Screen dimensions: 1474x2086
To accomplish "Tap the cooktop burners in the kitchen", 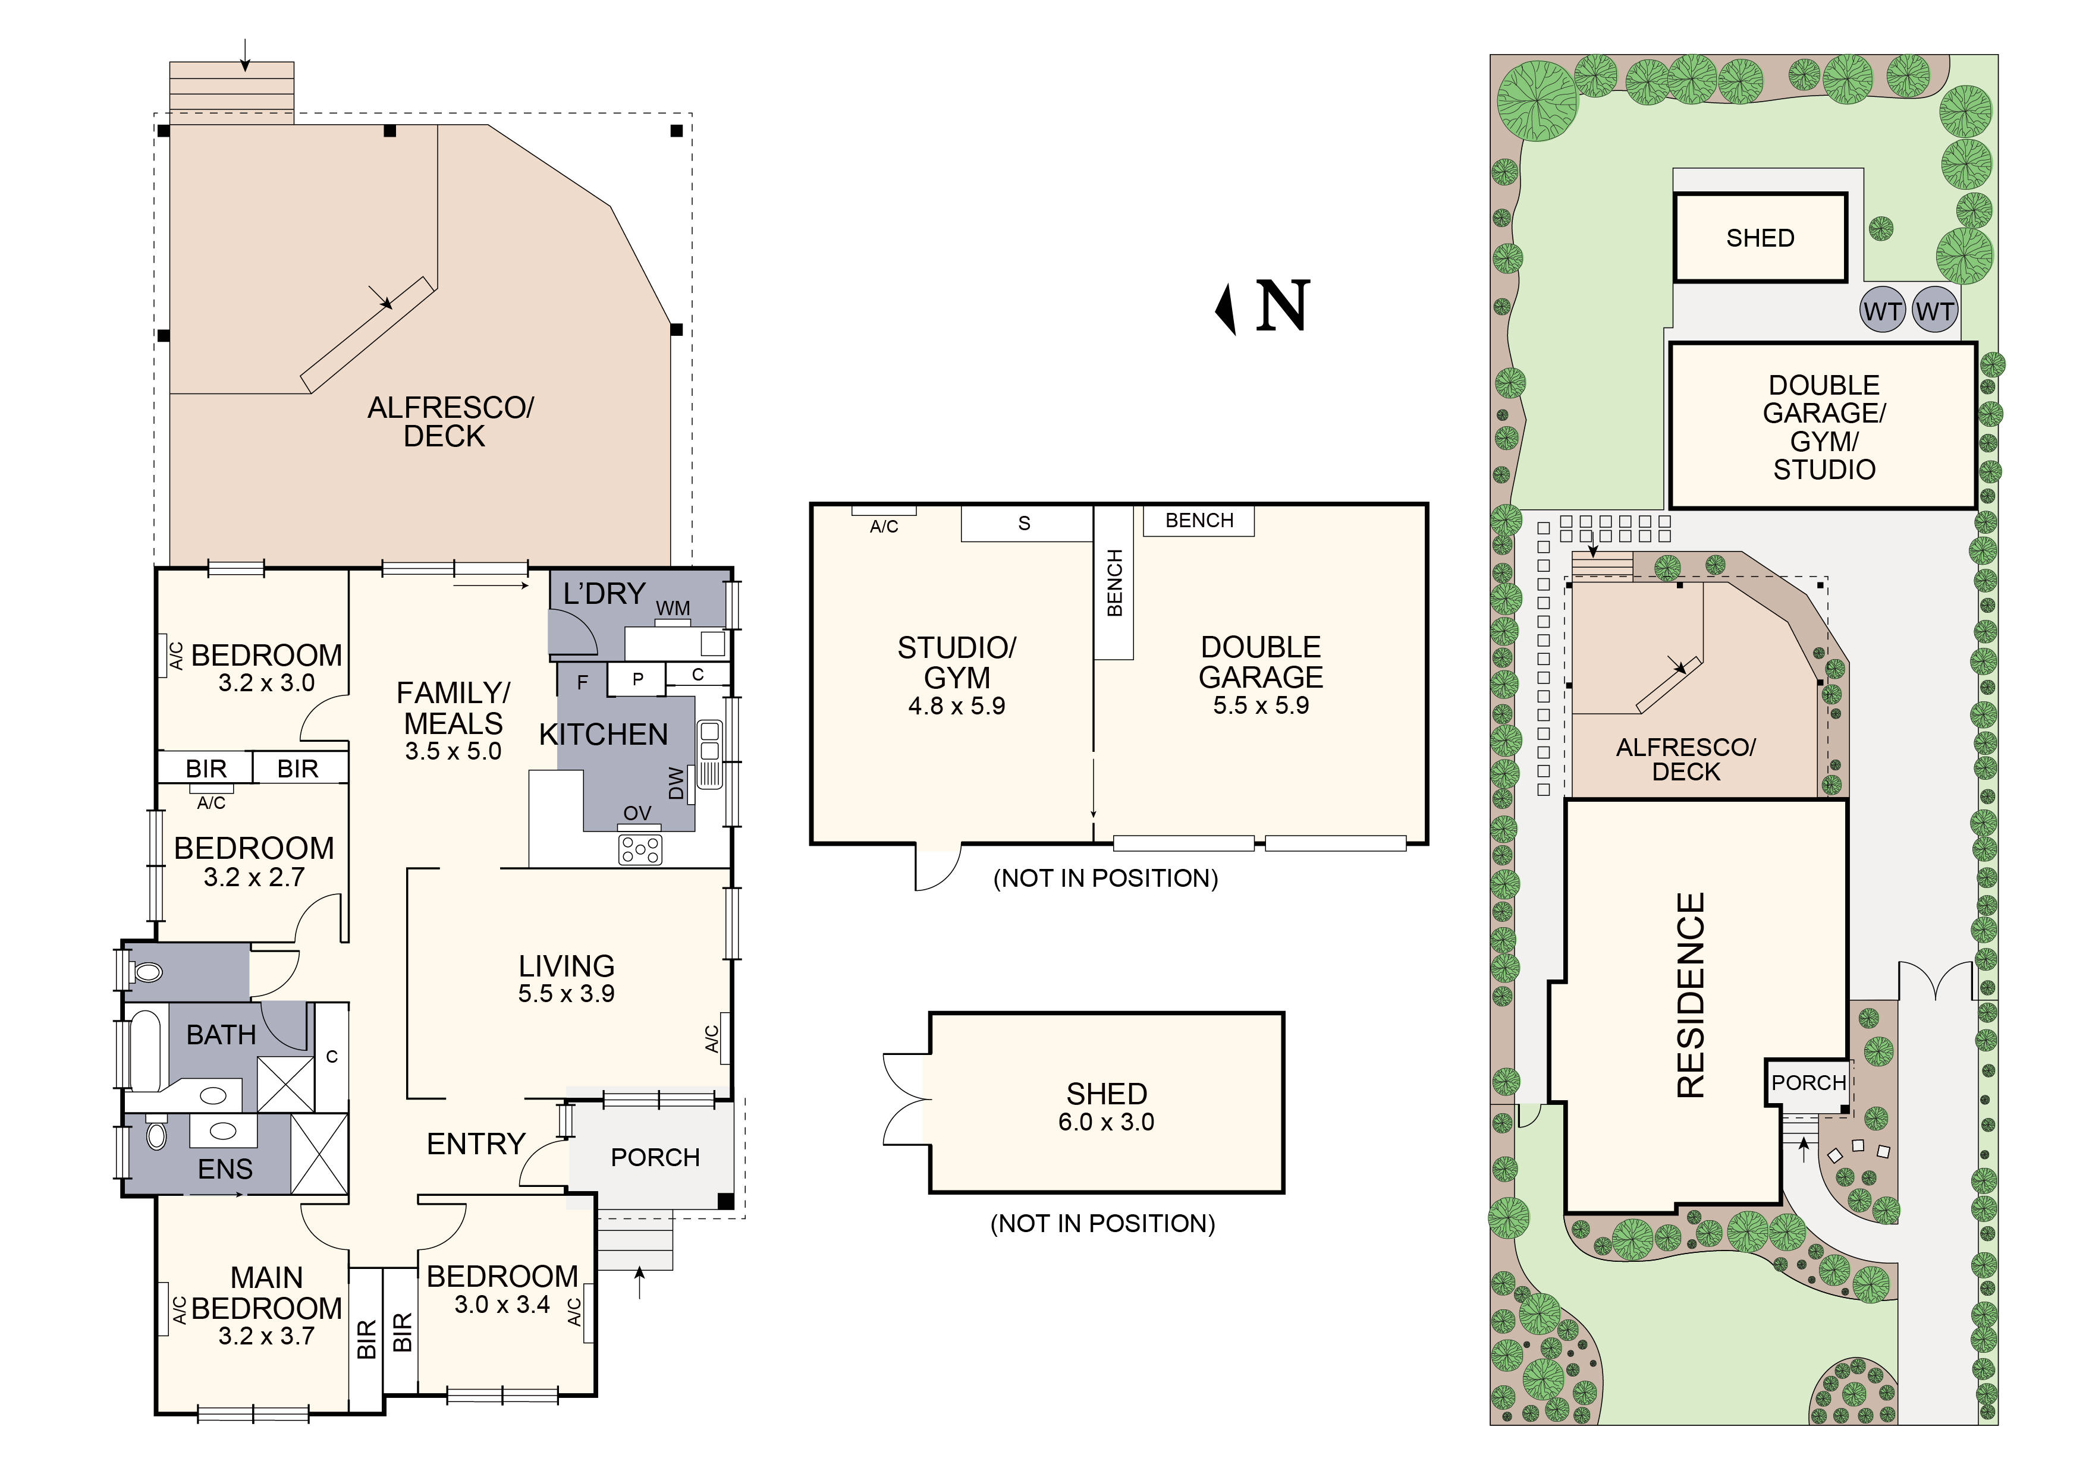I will point(640,850).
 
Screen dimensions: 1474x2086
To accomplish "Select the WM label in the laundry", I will point(673,609).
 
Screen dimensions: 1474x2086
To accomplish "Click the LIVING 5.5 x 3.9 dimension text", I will point(566,994).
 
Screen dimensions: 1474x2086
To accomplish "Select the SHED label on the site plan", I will point(1760,238).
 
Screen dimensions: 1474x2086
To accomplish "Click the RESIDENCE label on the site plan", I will point(1691,996).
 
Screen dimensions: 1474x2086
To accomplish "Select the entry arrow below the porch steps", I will point(640,1283).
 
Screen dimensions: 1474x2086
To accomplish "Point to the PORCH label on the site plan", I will point(1808,1082).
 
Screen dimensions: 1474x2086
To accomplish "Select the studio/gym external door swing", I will point(937,867).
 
